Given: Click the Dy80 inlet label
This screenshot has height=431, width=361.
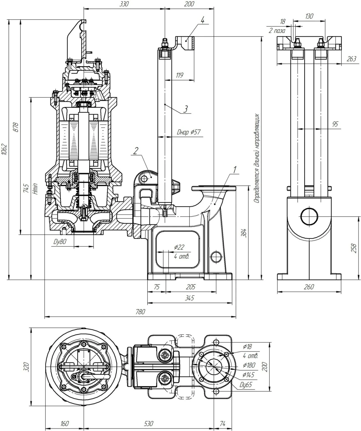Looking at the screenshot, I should pos(60,241).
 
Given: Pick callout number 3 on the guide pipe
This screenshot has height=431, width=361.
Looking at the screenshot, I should pos(186,109).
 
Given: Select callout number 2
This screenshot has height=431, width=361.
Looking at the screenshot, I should pos(135,151).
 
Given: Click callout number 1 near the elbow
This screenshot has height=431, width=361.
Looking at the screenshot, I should pos(235,169).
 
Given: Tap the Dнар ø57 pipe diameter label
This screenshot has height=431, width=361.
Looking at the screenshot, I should pos(189,132).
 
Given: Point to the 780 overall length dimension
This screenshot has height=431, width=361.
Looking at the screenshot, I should pos(140,312).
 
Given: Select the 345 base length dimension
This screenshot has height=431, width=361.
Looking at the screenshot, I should pos(189,298).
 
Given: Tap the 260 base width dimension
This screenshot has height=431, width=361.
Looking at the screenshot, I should pos(309,287).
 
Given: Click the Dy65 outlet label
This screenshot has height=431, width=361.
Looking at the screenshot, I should pos(246,385).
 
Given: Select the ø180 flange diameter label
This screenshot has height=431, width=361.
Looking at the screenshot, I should pos(249,365).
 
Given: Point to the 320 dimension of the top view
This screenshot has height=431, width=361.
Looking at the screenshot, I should pos(26,367).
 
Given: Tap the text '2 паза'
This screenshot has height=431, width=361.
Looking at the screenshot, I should pos(277,31).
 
